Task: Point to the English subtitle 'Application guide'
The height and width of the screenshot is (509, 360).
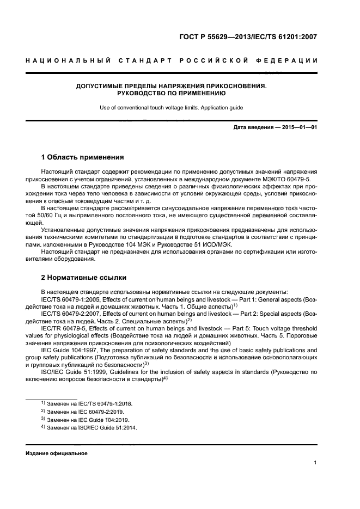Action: (x=219, y=107)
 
